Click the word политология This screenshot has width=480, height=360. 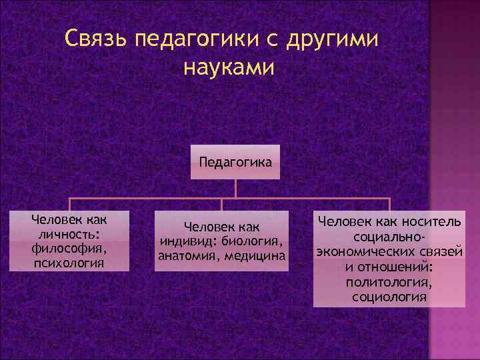(x=389, y=281)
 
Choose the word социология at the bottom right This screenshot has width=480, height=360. (x=389, y=296)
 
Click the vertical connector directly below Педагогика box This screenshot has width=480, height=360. (x=235, y=189)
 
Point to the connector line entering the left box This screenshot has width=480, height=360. (x=70, y=205)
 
